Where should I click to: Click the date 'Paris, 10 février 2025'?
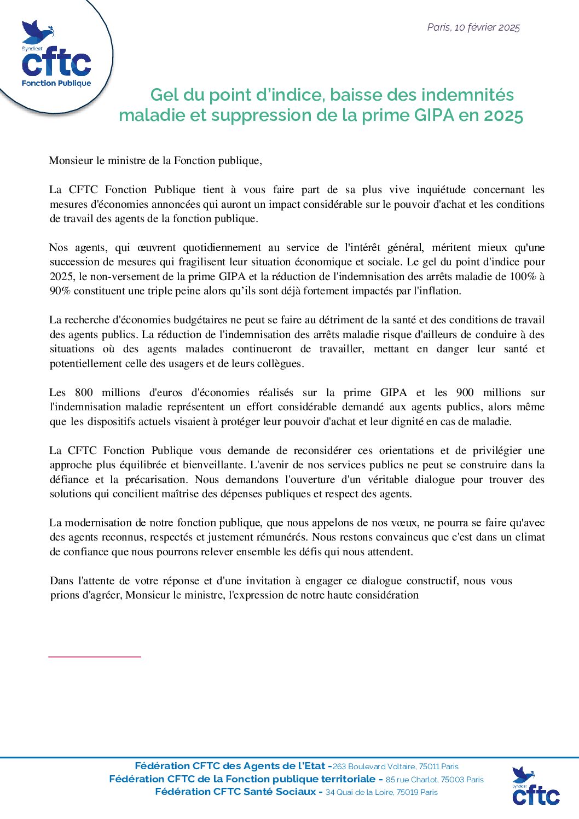pos(473,27)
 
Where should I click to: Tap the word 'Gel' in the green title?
pos(164,95)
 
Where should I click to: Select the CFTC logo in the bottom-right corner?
pos(535,786)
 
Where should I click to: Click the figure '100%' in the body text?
pos(523,276)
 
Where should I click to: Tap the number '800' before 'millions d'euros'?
pos(84,393)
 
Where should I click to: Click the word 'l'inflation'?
pos(435,291)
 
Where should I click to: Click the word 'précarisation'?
pos(155,480)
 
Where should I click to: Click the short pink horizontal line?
pos(95,656)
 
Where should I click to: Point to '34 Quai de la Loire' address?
pos(360,792)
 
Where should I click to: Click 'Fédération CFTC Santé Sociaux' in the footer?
pos(235,792)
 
